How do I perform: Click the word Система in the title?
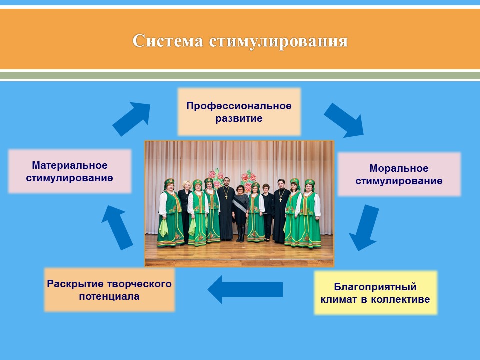tap(168, 41)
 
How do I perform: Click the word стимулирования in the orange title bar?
tap(278, 41)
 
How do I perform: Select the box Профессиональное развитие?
tap(239, 112)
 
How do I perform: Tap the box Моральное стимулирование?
tap(399, 174)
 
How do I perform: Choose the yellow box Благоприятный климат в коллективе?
tap(375, 293)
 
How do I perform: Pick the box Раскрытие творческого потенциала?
tap(109, 290)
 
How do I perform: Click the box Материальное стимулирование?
tap(70, 171)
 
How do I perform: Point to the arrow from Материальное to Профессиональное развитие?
tap(132, 119)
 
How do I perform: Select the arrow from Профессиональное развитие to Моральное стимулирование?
tap(344, 120)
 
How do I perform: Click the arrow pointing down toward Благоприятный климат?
tap(364, 228)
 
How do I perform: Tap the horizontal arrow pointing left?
tap(245, 289)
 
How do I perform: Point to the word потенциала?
tap(109, 296)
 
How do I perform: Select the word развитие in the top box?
tap(239, 119)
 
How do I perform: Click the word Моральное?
tap(399, 168)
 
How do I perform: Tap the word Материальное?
tap(70, 165)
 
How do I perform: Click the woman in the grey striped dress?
tap(240, 213)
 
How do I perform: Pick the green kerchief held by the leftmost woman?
tap(164, 228)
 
